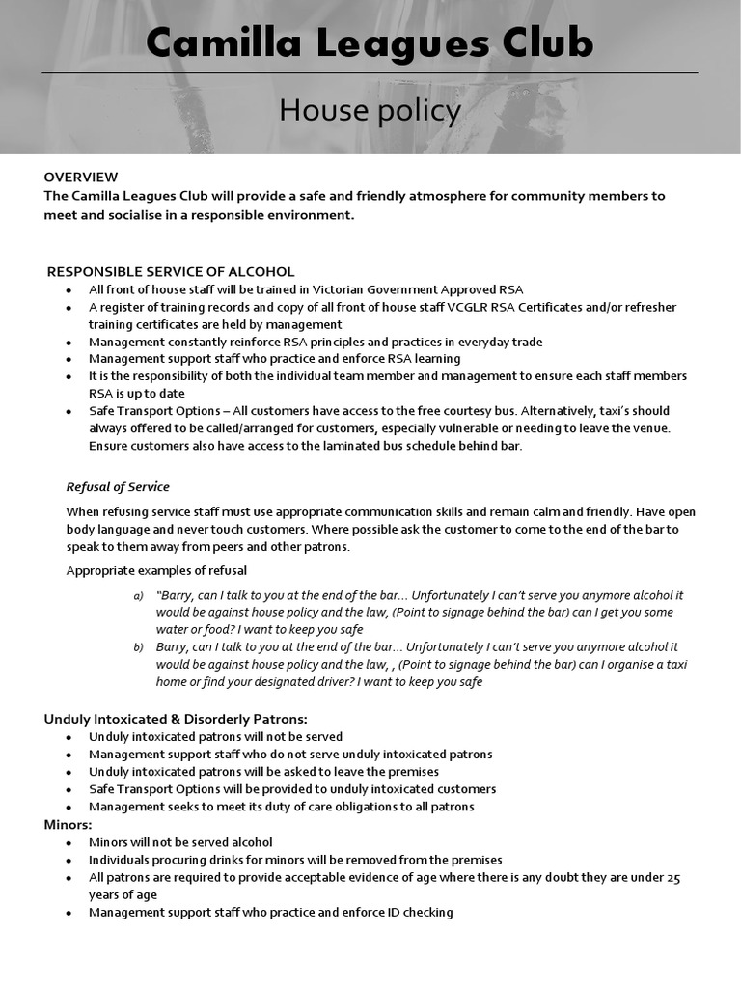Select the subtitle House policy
click(370, 111)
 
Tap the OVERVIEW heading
click(81, 177)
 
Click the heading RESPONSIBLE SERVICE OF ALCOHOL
click(171, 271)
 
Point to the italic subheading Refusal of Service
click(118, 486)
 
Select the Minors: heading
click(69, 825)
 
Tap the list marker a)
click(138, 595)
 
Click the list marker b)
click(138, 647)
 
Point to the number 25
click(673, 877)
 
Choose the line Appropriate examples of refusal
click(156, 570)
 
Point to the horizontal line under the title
click(370, 72)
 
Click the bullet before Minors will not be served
click(69, 842)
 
